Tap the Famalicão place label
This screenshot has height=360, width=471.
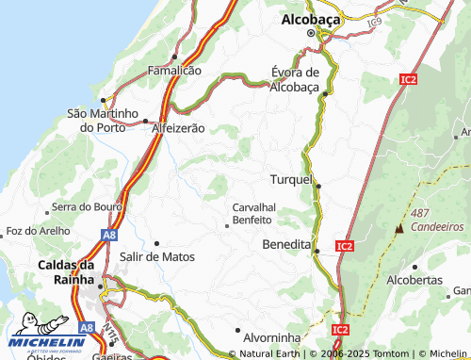pyautogui.click(x=173, y=71)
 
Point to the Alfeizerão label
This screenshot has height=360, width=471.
pyautogui.click(x=178, y=127)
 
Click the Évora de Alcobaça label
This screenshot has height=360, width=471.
pyautogui.click(x=295, y=79)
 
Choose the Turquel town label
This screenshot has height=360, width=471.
pyautogui.click(x=291, y=179)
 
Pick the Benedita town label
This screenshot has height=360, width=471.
pyautogui.click(x=285, y=244)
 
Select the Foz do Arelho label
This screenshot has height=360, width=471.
pyautogui.click(x=39, y=231)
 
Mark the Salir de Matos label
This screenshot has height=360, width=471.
pyautogui.click(x=157, y=256)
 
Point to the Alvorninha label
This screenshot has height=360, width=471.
pyautogui.click(x=271, y=336)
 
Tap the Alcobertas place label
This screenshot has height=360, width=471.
pyautogui.click(x=414, y=280)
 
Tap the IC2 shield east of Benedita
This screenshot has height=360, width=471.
pyautogui.click(x=344, y=246)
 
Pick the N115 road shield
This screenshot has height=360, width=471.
pyautogui.click(x=112, y=335)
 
